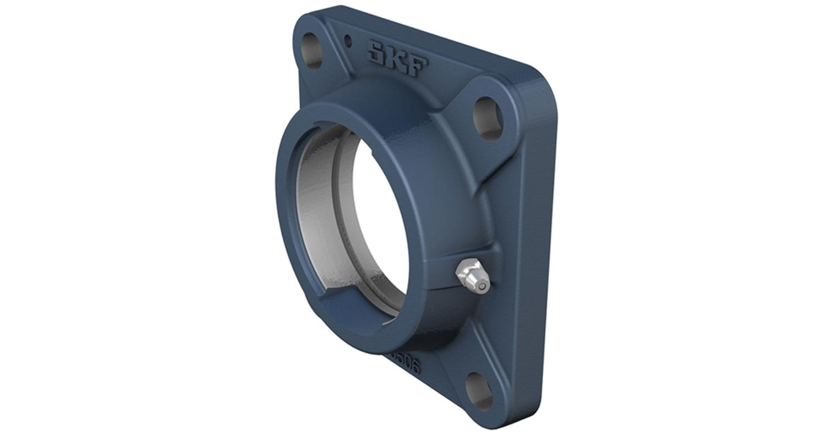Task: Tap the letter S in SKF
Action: click(x=378, y=51)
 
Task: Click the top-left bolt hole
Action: click(x=312, y=51)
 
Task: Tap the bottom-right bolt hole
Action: click(x=479, y=391)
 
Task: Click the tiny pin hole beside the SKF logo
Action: click(x=348, y=40)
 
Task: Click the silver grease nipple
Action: click(x=472, y=276)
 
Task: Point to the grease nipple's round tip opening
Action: click(x=483, y=286)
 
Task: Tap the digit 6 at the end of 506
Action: click(x=414, y=367)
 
